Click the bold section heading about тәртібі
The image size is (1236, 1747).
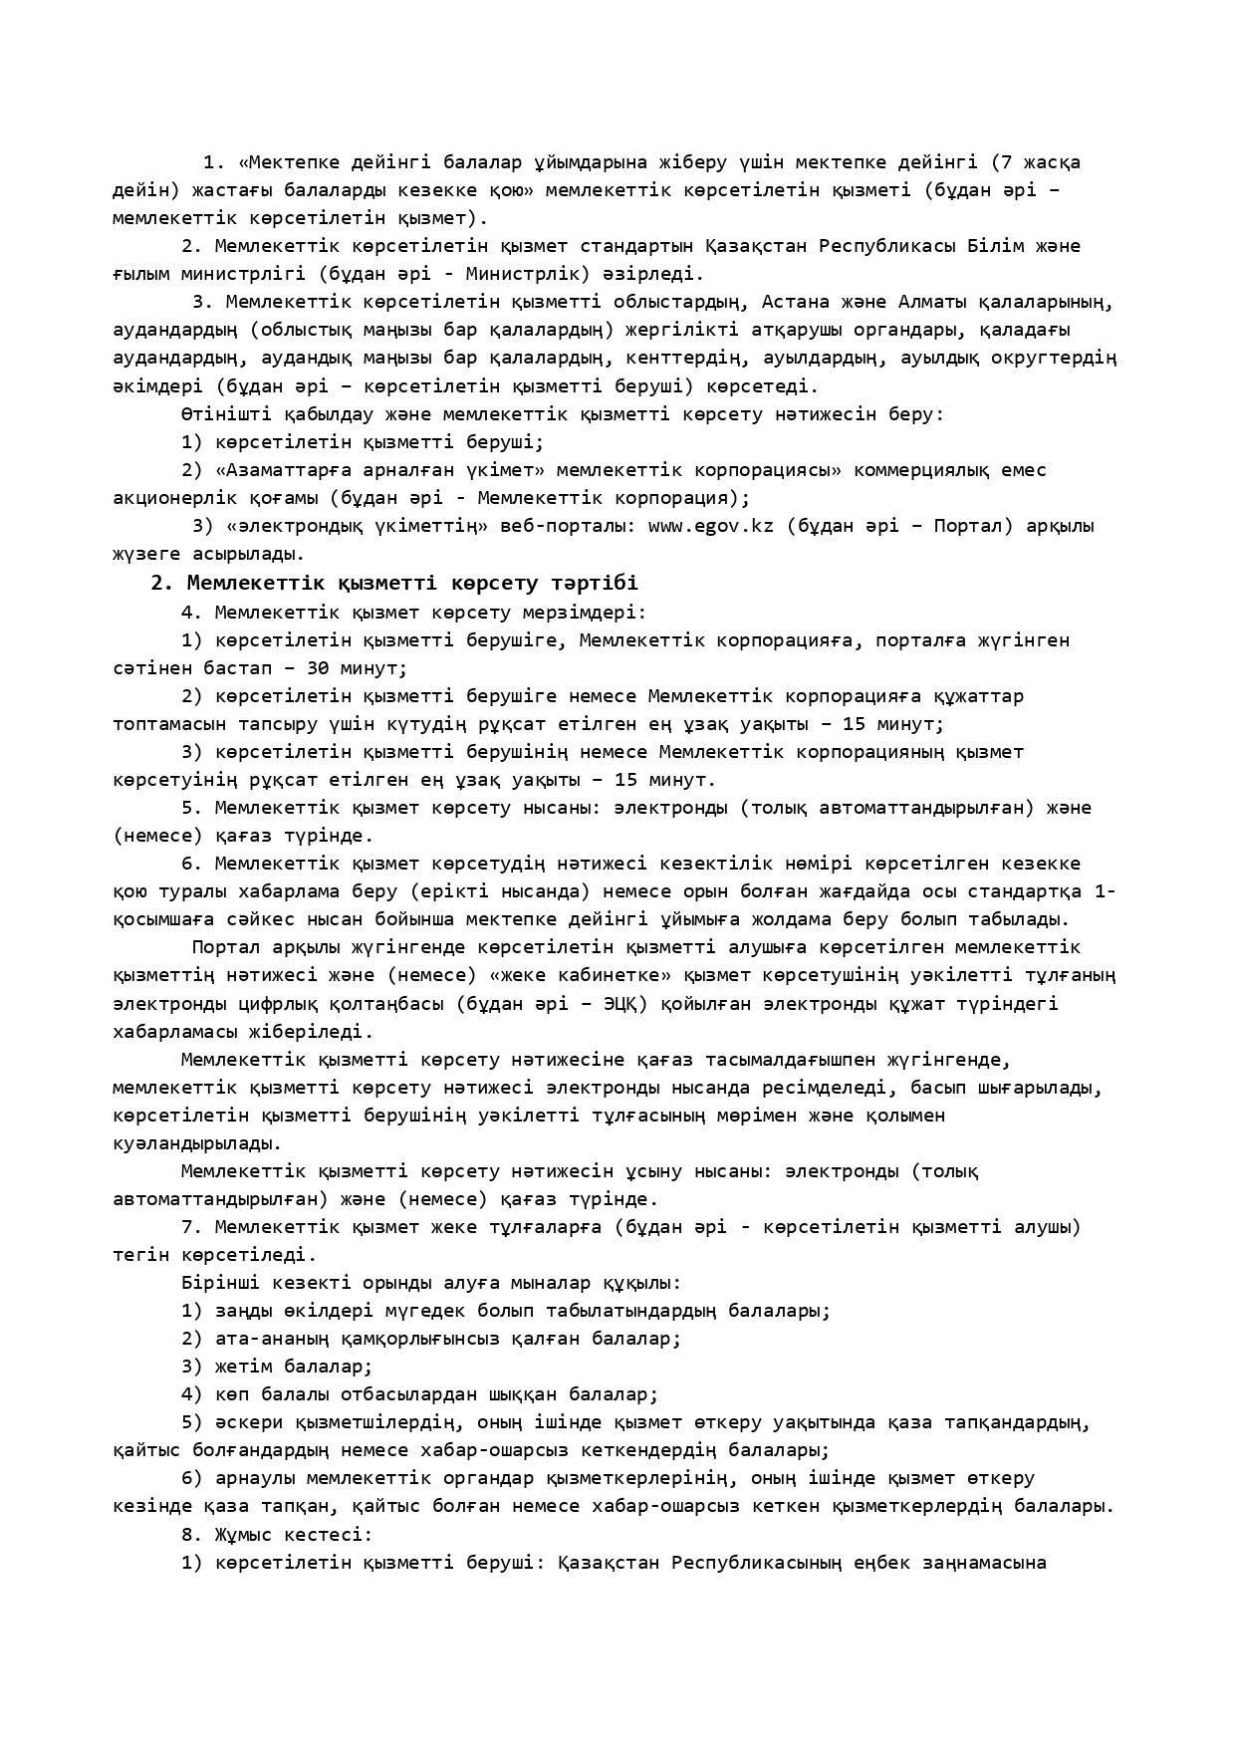(394, 583)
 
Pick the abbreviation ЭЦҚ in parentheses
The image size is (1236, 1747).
(625, 1004)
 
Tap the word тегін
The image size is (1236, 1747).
(141, 1255)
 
